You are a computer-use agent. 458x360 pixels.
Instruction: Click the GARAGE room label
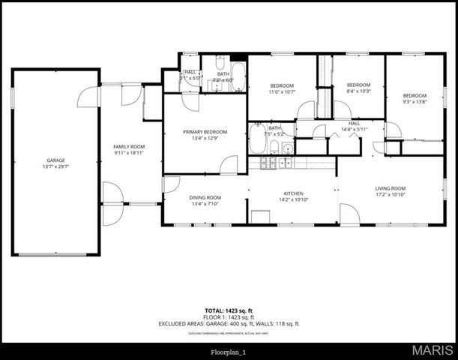[x=55, y=160]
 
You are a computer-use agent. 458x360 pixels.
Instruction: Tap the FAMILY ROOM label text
[x=129, y=146]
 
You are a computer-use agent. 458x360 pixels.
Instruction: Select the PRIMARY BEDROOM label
[x=205, y=132]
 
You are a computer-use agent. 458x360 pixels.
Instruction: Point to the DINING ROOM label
[x=205, y=197]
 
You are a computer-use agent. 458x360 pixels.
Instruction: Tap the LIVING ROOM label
[x=391, y=188]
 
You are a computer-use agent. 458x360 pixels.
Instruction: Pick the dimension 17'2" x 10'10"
[x=391, y=195]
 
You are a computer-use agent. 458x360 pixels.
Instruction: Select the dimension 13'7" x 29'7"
[x=55, y=166]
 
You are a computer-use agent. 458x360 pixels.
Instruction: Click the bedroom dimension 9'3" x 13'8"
[x=415, y=101]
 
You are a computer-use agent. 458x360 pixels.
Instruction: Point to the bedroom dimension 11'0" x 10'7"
[x=282, y=92]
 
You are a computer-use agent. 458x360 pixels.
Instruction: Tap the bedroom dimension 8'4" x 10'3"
[x=358, y=91]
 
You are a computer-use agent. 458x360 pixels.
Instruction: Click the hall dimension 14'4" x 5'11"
[x=355, y=130]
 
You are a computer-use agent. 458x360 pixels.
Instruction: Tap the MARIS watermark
[x=433, y=349]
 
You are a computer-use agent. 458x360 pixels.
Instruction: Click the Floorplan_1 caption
[x=229, y=350]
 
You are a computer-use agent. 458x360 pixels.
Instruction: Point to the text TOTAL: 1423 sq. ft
[x=229, y=310]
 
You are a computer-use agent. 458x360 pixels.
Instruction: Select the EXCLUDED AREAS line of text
[x=229, y=323]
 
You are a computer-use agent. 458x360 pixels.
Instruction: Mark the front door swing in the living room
[x=349, y=215]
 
